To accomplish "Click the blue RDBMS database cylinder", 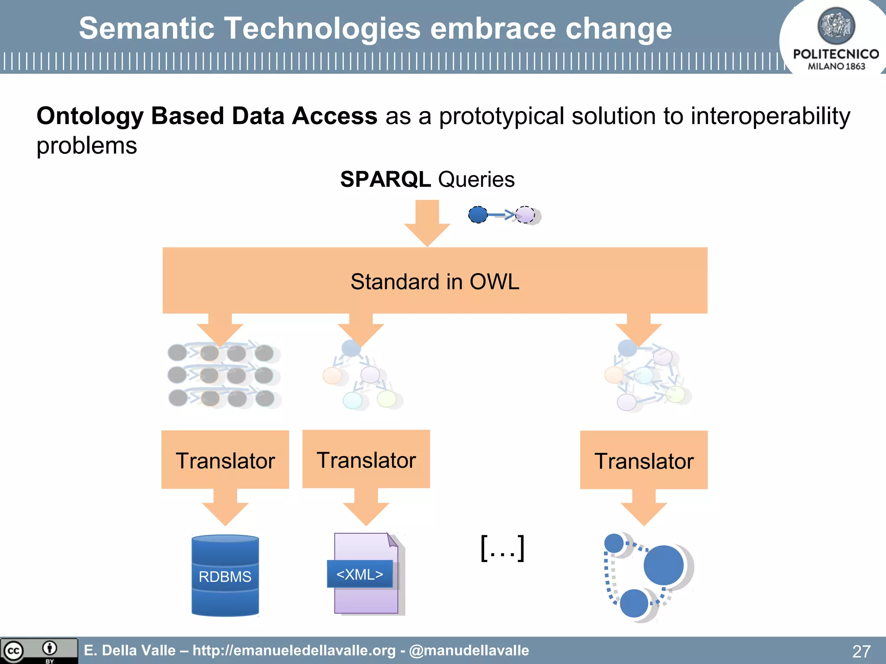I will click(x=225, y=575).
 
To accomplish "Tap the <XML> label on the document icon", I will click(x=360, y=574).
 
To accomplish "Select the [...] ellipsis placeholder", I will click(x=503, y=548).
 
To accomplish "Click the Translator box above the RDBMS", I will click(x=225, y=460).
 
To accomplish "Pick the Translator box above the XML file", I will click(x=366, y=459).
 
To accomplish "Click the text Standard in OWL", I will click(x=434, y=281).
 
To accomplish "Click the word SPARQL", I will click(x=385, y=179).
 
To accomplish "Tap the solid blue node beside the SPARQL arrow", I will click(x=478, y=214).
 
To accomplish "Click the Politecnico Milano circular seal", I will click(x=836, y=26).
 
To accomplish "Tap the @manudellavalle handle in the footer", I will click(x=469, y=650).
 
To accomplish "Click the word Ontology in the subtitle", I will click(x=90, y=116).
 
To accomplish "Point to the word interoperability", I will click(x=770, y=116).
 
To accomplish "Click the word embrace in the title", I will click(x=493, y=29).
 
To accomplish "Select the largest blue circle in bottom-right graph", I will click(x=663, y=565).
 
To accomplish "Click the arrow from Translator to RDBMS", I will click(x=225, y=508).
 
